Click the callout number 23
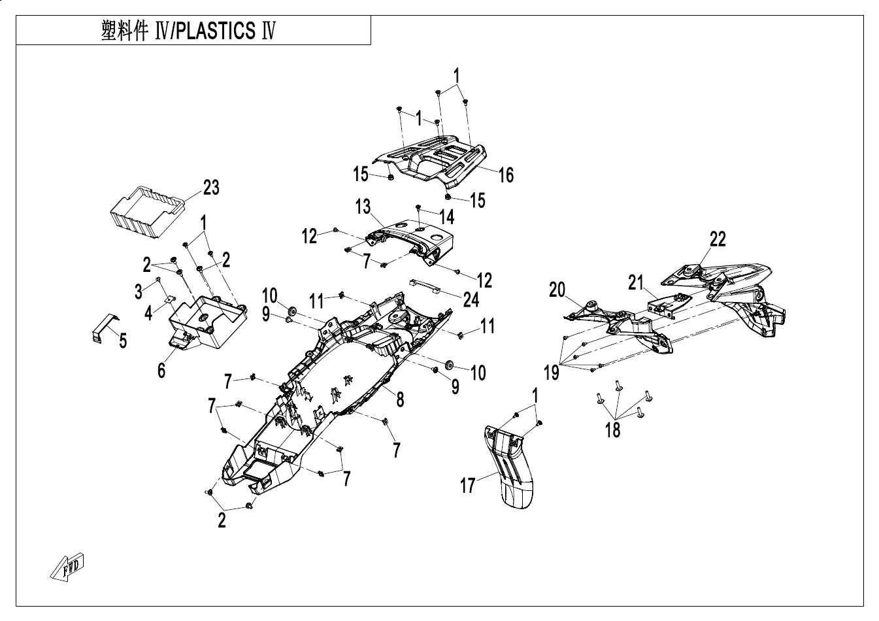(210, 188)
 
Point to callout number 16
(505, 175)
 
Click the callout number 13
(363, 208)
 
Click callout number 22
(717, 239)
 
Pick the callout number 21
(637, 282)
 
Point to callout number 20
(557, 289)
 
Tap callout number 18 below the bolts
(612, 430)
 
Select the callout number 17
(468, 486)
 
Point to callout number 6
(161, 369)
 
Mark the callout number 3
(138, 292)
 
